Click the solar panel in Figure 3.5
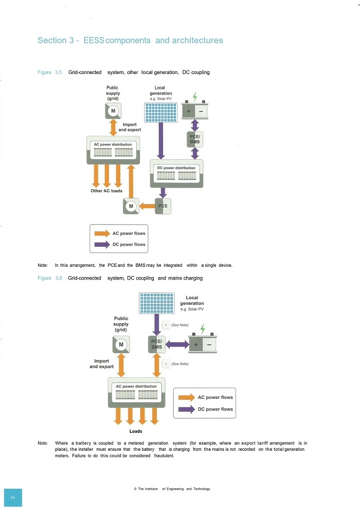pyautogui.click(x=160, y=113)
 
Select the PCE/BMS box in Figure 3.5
pyautogui.click(x=195, y=139)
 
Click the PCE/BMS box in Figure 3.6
pyautogui.click(x=156, y=344)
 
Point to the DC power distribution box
pyautogui.click(x=176, y=173)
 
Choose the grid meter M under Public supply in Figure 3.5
pyautogui.click(x=113, y=111)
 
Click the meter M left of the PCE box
pyautogui.click(x=131, y=206)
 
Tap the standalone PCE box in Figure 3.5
pyautogui.click(x=163, y=206)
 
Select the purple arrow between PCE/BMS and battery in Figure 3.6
pyautogui.click(x=177, y=344)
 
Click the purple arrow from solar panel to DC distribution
pyautogui.click(x=160, y=141)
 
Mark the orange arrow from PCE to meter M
pyautogui.click(x=147, y=206)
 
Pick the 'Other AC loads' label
pyautogui.click(x=106, y=191)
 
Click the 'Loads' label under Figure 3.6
pyautogui.click(x=136, y=431)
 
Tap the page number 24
pyautogui.click(x=13, y=498)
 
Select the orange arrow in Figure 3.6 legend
pyautogui.click(x=187, y=398)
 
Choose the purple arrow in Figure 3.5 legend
pyautogui.click(x=102, y=245)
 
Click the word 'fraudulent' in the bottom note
pyautogui.click(x=164, y=455)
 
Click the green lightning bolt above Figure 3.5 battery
pyautogui.click(x=195, y=97)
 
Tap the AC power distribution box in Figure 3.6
pyautogui.click(x=137, y=392)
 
